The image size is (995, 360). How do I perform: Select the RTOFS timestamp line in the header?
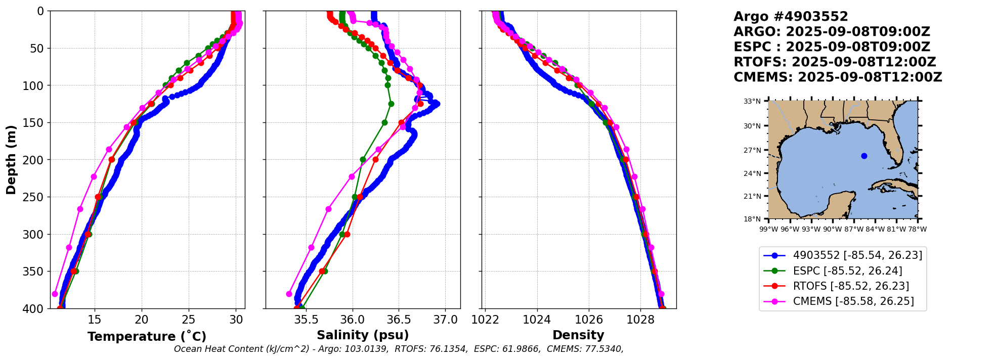(835, 62)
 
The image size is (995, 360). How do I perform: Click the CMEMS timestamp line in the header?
(838, 77)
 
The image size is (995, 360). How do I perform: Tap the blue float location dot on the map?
(864, 156)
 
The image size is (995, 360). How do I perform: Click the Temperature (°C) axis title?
(147, 336)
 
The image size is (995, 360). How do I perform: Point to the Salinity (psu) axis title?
(363, 335)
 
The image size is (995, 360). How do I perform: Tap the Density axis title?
(578, 335)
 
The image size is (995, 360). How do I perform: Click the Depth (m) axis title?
(11, 160)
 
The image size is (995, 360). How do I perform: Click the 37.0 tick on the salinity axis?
(446, 320)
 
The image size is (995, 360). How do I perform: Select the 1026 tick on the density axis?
(589, 320)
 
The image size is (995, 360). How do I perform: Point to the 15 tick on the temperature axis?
(95, 320)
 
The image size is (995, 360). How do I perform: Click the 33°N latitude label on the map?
(752, 101)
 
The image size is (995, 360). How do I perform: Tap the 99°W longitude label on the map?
(768, 229)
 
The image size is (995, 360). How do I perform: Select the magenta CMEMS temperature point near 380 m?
(55, 294)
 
